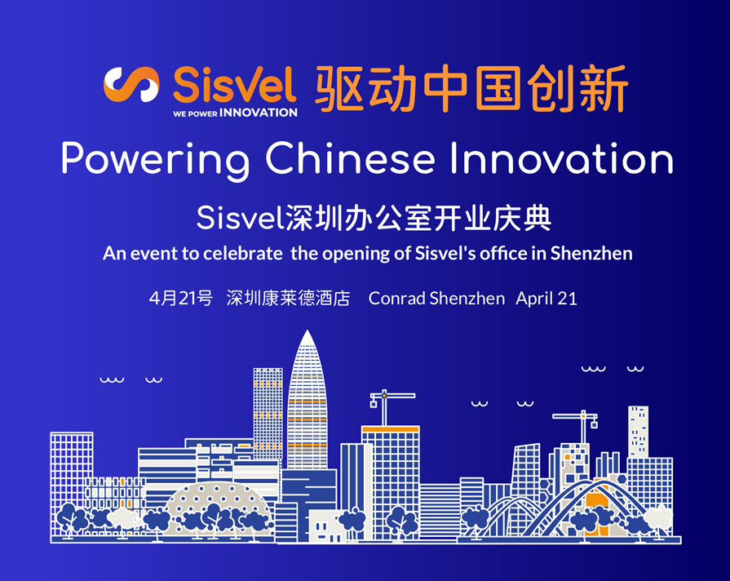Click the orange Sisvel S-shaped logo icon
point(131,85)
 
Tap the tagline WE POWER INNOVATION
point(235,113)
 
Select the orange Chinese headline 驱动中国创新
point(471,89)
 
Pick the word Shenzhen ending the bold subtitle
point(591,253)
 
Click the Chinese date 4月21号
point(180,298)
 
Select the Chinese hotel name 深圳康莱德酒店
point(288,298)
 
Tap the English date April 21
point(546,298)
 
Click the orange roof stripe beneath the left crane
point(390,429)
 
